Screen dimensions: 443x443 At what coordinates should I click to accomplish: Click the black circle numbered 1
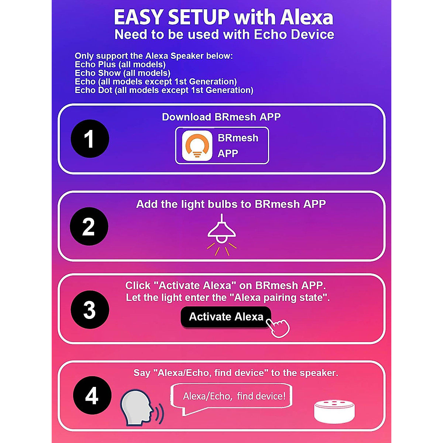[90, 139]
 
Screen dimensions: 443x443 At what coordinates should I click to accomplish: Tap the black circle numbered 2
[89, 226]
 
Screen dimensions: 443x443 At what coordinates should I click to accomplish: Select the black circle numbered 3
[90, 309]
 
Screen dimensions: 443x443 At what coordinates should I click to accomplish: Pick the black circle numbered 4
[92, 395]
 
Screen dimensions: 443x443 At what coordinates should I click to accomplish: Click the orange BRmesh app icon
[197, 145]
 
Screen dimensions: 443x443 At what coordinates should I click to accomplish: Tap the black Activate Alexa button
[226, 317]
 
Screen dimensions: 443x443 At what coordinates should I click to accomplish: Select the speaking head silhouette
[137, 408]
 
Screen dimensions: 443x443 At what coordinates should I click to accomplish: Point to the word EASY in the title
[138, 17]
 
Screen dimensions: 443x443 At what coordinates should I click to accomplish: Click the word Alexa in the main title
[306, 17]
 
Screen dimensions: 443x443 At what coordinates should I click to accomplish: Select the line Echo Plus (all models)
[120, 65]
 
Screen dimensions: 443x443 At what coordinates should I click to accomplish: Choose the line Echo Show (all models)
[122, 73]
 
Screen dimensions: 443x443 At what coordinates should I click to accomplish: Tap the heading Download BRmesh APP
[221, 117]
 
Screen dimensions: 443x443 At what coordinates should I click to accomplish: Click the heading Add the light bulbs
[231, 204]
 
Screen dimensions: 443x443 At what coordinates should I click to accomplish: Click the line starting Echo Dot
[164, 90]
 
